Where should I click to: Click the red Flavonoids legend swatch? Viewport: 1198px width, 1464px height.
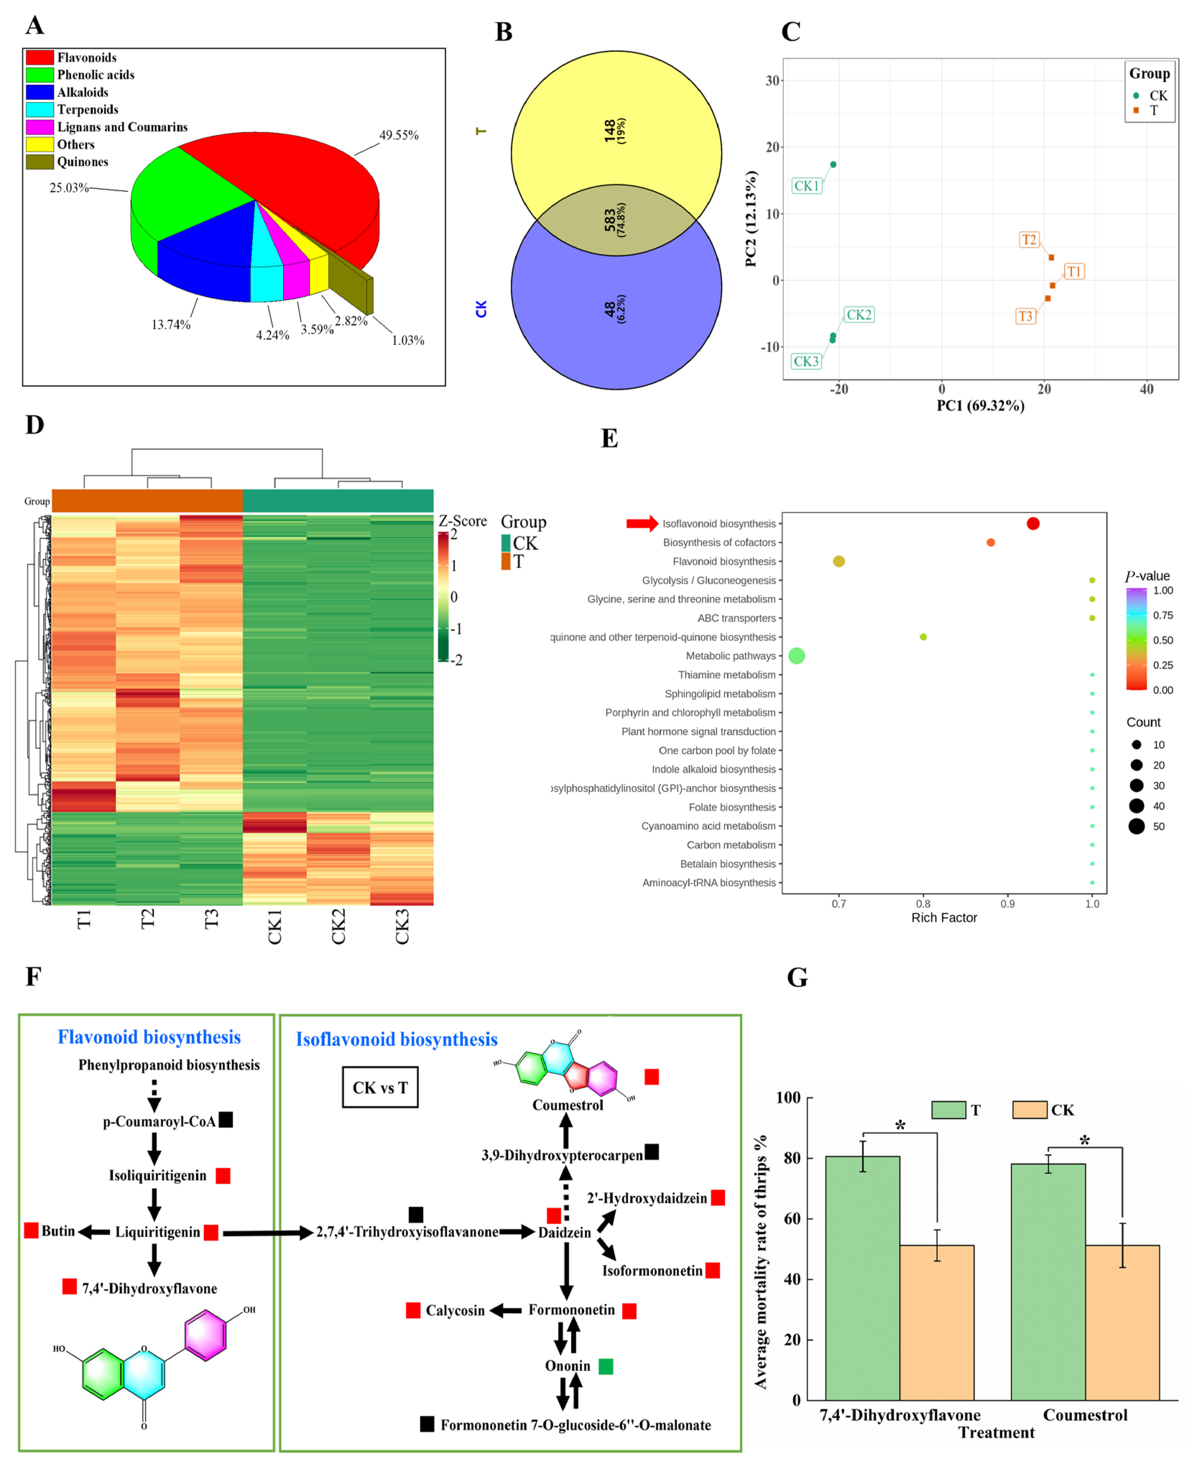(x=40, y=57)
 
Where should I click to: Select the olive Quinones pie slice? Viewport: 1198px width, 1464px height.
(x=351, y=283)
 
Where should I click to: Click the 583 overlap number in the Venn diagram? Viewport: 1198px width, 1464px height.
(x=610, y=220)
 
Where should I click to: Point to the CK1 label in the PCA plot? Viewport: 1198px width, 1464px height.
(x=806, y=186)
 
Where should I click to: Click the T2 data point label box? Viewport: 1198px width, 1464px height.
(x=1028, y=240)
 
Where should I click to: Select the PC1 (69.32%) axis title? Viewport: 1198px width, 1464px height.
(x=980, y=406)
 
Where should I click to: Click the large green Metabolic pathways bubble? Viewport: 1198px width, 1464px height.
(x=796, y=656)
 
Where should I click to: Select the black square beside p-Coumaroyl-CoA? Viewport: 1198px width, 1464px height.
(x=226, y=1120)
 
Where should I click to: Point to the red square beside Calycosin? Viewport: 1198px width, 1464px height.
(x=413, y=1310)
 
